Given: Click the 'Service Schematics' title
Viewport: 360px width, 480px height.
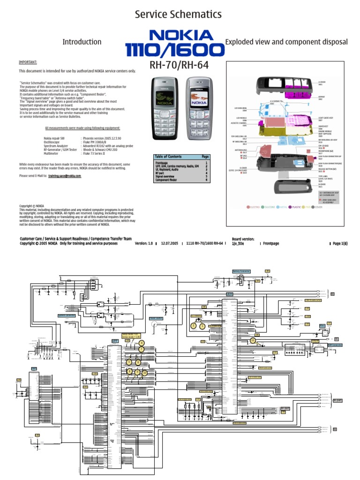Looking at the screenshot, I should click(178, 15).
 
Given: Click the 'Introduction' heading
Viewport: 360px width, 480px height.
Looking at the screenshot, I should click(82, 42).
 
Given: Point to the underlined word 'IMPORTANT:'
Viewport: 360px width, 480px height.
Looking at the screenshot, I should click(28, 62).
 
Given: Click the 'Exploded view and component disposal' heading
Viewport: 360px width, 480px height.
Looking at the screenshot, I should click(286, 42).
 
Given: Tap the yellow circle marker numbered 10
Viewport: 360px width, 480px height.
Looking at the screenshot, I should click(145, 373).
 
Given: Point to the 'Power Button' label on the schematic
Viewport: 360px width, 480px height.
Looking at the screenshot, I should click(156, 318).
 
